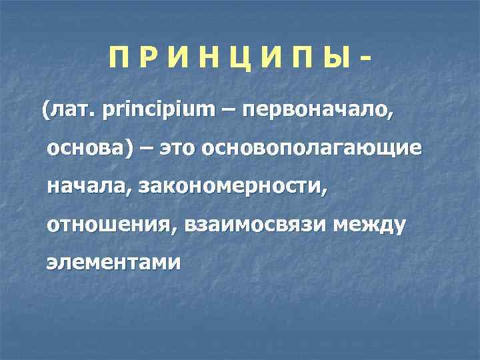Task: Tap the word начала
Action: point(87,187)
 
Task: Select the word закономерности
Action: point(233,187)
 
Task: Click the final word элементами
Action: point(113,263)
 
